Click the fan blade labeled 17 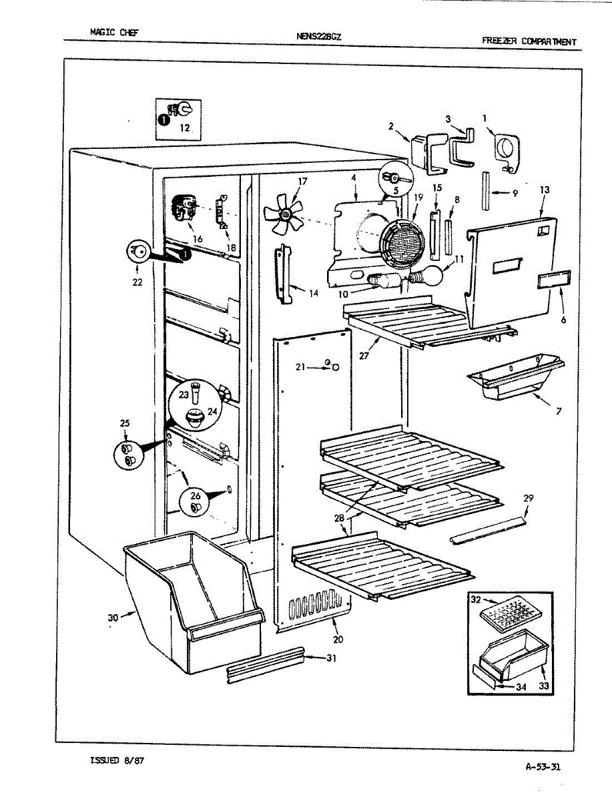click(x=283, y=214)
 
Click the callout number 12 click(x=185, y=127)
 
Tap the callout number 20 click(x=338, y=639)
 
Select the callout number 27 click(x=364, y=356)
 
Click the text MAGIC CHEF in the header click(x=114, y=31)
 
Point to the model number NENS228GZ click(x=319, y=37)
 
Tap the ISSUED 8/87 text click(x=116, y=760)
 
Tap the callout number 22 click(x=137, y=282)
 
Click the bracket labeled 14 click(x=284, y=274)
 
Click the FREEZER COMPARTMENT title click(x=529, y=41)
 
